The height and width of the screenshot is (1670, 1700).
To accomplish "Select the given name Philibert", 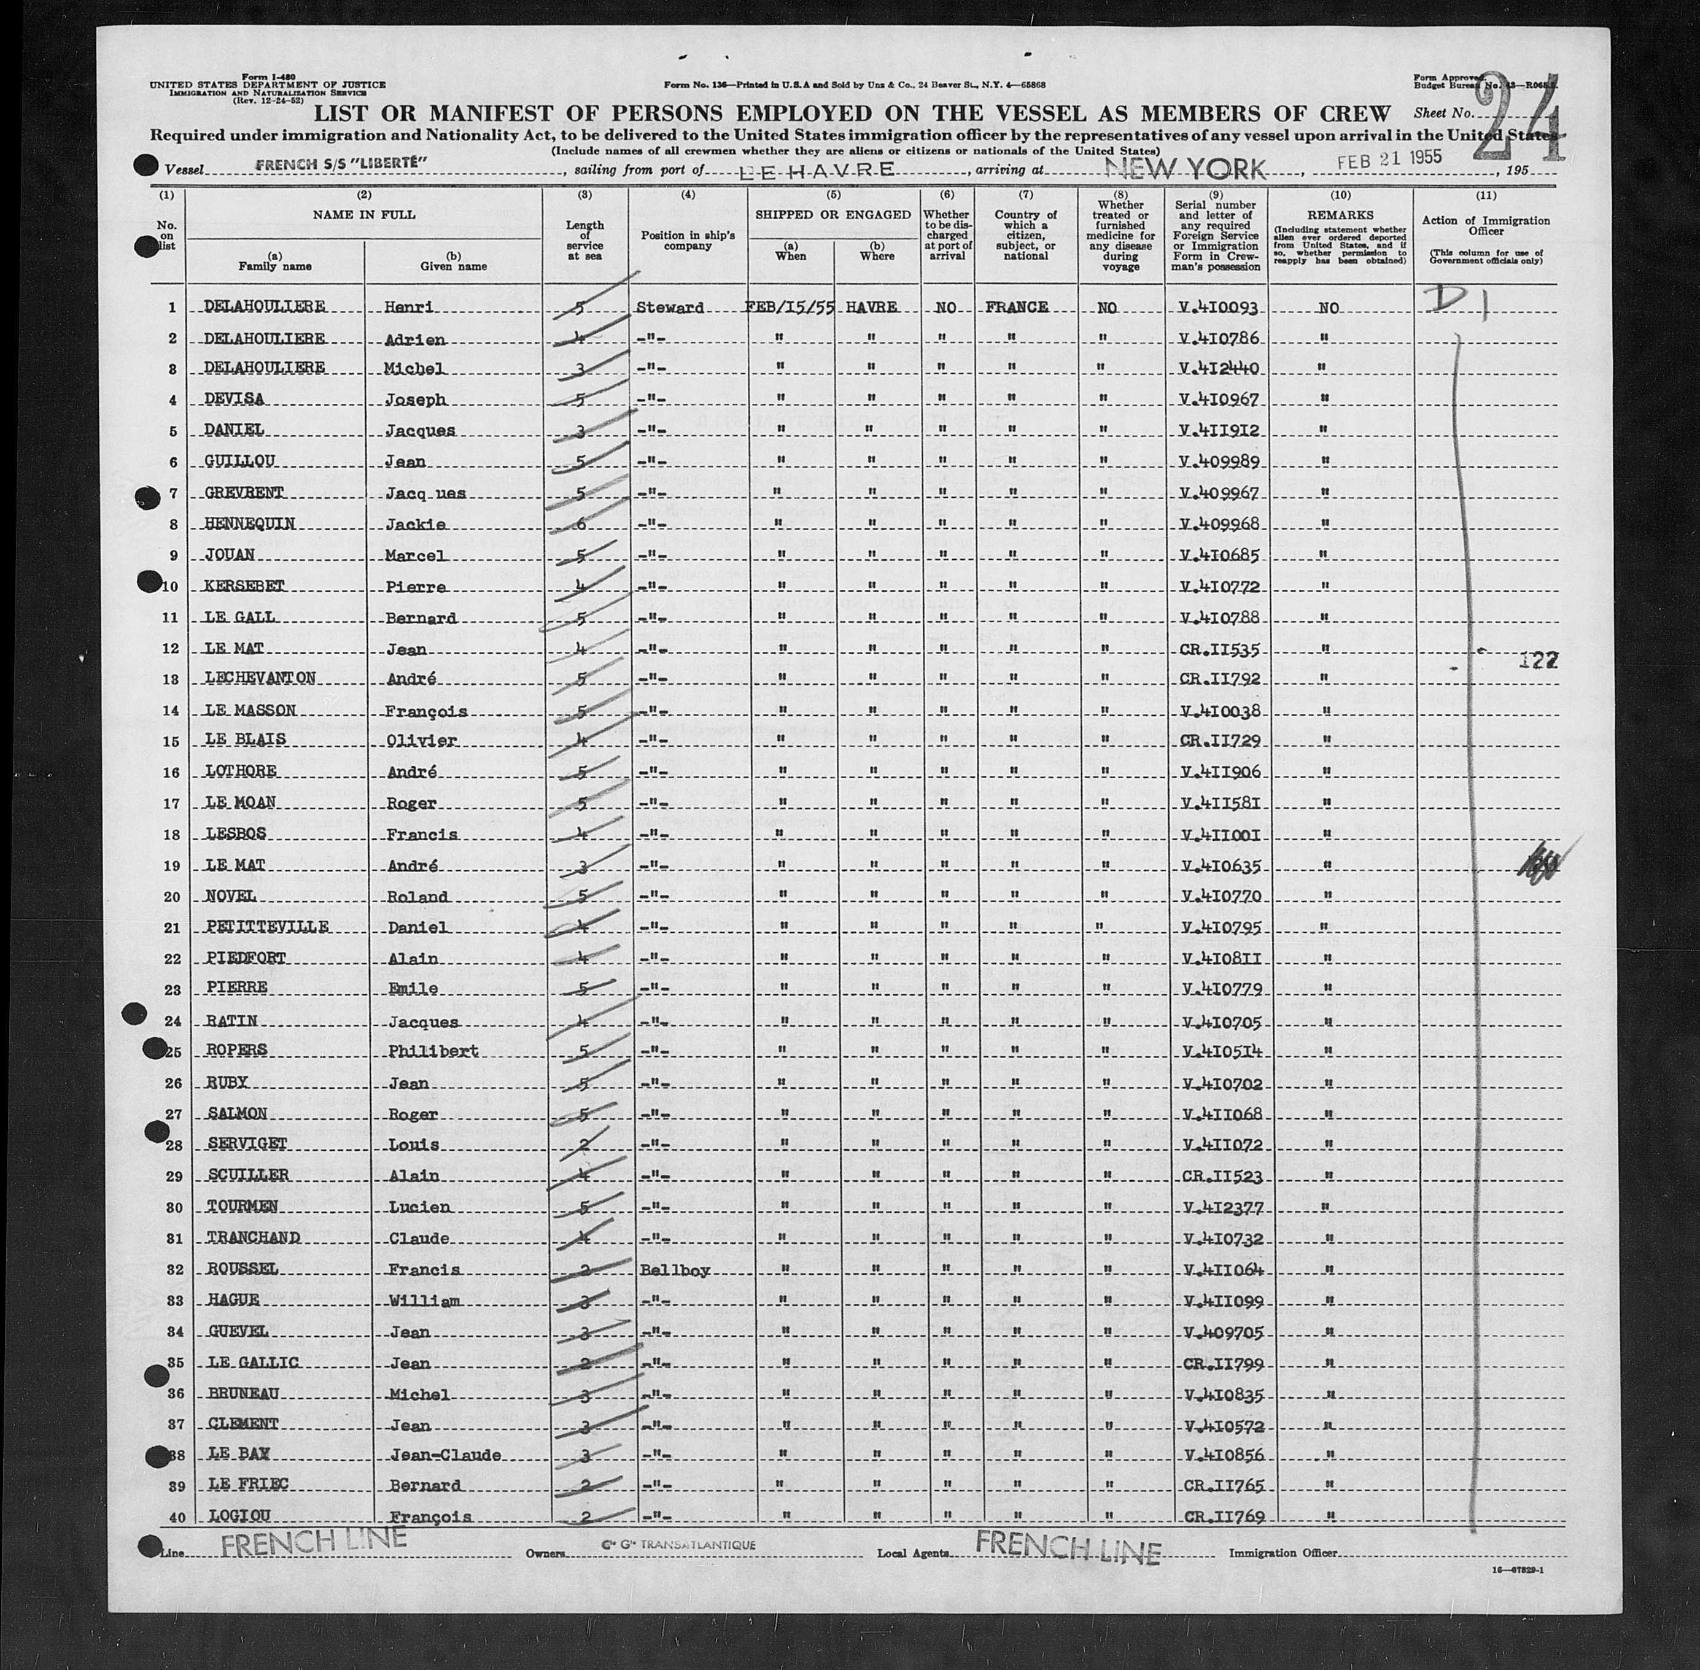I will click(x=433, y=1051).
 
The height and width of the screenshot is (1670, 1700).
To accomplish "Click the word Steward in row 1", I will click(x=671, y=308).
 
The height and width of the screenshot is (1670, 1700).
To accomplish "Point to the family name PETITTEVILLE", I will click(x=254, y=928).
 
